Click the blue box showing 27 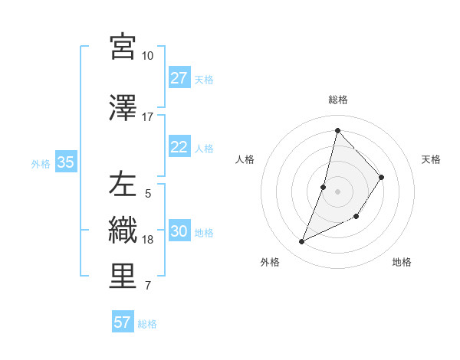179,78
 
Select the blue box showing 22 179,147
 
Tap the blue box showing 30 179,231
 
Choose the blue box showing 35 65,162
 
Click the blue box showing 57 123,322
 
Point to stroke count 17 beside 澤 147,117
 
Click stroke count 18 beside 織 148,240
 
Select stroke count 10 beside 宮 147,56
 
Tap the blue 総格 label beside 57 147,324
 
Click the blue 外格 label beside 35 41,163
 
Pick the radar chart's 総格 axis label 337,100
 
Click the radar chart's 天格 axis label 432,159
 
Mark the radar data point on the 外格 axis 301,242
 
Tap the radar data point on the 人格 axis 324,187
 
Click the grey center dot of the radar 337,191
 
